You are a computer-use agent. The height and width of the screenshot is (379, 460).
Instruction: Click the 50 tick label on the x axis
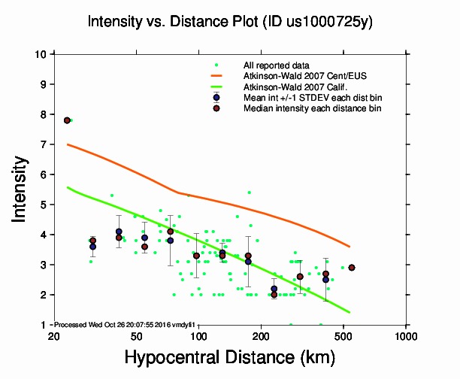136,335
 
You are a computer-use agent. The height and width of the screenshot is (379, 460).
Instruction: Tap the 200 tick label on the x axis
261,335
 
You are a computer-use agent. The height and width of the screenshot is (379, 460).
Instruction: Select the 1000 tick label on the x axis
406,335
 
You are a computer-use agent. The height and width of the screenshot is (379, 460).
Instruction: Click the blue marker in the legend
216,98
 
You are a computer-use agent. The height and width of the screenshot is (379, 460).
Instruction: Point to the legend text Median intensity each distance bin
311,108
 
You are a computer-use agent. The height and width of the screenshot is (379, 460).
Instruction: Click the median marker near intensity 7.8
68,120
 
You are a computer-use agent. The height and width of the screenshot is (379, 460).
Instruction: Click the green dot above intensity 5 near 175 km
250,193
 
